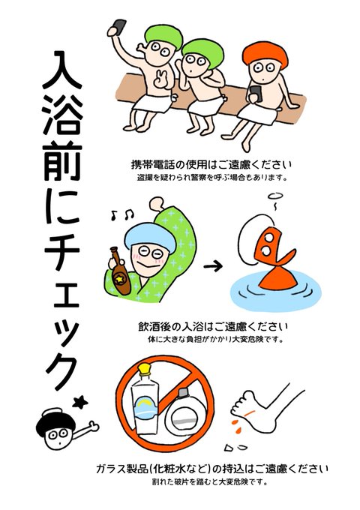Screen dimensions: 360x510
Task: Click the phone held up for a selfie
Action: (119, 27)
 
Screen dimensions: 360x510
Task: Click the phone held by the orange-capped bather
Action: (256, 94)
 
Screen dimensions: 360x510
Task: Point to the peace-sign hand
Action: (160, 78)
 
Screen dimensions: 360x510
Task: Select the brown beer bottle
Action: (119, 270)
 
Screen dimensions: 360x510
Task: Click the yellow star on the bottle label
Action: (120, 279)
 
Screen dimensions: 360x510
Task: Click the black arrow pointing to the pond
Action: (213, 266)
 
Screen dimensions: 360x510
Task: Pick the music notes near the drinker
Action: (122, 214)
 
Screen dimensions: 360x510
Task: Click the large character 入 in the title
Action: (61, 70)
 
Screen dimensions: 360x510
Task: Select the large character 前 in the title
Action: (61, 162)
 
